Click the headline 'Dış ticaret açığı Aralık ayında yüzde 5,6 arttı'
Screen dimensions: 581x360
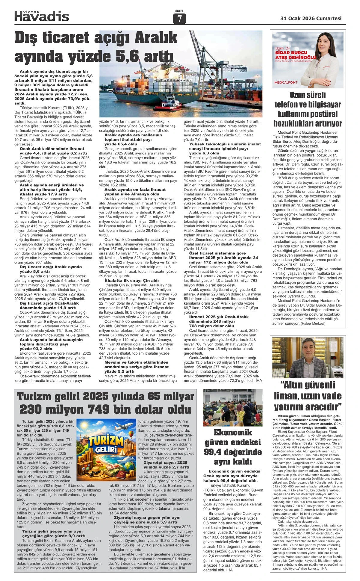tap(96, 47)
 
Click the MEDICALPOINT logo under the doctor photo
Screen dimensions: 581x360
tap(286, 82)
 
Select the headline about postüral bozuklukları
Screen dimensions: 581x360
tap(307, 109)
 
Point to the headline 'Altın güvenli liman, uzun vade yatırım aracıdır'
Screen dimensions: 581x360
tap(308, 396)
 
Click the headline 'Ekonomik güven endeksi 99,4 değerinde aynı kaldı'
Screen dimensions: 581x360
tap(232, 447)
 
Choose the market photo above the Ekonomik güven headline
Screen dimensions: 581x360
tap(232, 407)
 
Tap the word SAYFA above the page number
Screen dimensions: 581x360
tap(179, 11)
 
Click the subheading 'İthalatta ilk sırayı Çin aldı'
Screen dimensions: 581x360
tap(129, 280)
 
